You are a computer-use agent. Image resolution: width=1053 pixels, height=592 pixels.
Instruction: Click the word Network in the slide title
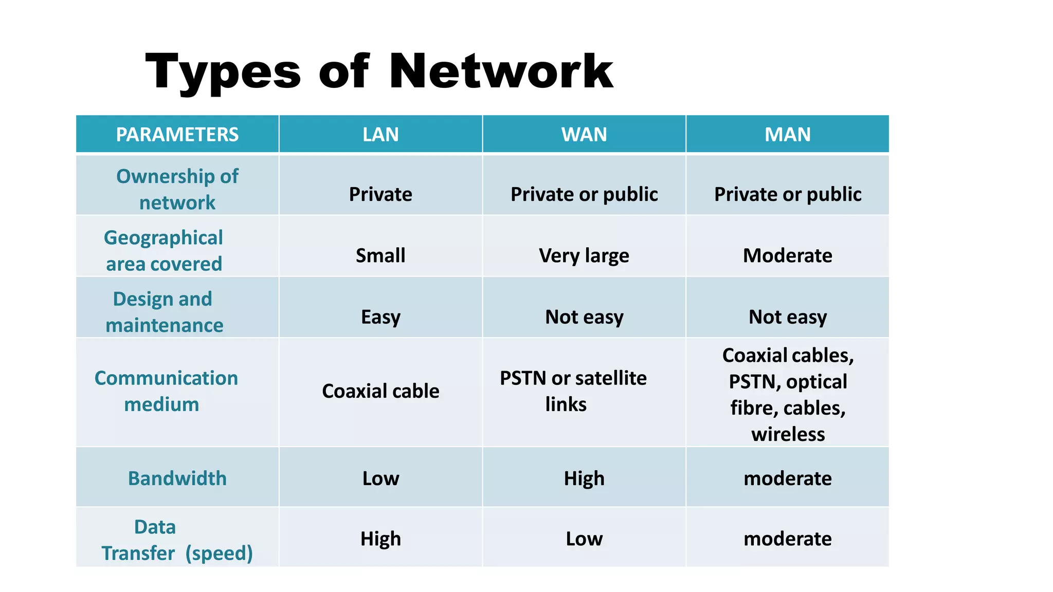point(501,71)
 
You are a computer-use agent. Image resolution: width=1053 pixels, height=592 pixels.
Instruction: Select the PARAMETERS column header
point(177,135)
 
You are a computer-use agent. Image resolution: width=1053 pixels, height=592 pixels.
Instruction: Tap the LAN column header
point(380,135)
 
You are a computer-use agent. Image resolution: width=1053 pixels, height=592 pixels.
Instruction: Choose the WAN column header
point(584,135)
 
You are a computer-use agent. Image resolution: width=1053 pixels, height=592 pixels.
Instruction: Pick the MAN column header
point(788,135)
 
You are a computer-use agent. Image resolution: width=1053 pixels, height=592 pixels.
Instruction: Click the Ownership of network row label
point(177,189)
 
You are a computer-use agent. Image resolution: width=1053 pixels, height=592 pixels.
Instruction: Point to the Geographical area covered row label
point(164,250)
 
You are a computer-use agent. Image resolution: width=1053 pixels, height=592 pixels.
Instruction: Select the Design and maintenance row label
point(164,312)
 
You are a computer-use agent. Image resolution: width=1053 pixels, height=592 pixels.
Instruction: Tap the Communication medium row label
point(166,391)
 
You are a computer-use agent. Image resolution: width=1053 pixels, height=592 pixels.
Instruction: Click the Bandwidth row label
point(177,478)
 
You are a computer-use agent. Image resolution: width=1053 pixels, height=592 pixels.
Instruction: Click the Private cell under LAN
point(380,194)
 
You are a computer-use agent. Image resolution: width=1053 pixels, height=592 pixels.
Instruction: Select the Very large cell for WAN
point(584,255)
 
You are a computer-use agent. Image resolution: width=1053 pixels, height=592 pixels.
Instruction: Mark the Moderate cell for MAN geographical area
point(788,255)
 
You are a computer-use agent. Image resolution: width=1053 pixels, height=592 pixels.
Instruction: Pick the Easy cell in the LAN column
point(380,317)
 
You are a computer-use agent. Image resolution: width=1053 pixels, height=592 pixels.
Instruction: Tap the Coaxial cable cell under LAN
point(380,391)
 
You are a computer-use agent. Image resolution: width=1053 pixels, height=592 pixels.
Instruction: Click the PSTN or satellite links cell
point(573,391)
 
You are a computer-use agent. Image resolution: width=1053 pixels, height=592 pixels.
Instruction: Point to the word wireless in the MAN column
point(788,434)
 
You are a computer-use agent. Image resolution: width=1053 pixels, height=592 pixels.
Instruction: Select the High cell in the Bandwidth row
point(584,478)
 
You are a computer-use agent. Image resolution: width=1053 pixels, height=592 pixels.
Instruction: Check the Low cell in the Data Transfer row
point(584,539)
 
